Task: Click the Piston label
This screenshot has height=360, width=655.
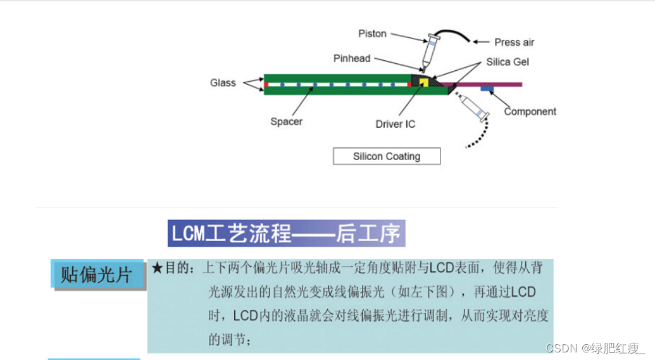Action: pyautogui.click(x=372, y=34)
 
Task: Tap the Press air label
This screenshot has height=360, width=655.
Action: pyautogui.click(x=514, y=42)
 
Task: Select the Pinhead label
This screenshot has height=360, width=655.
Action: pyautogui.click(x=352, y=58)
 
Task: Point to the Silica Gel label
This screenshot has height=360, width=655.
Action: pyautogui.click(x=508, y=62)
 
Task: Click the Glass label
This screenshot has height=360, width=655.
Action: pyautogui.click(x=223, y=83)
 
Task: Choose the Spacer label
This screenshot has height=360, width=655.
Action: pyautogui.click(x=286, y=121)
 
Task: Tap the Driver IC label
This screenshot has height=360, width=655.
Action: pyautogui.click(x=395, y=124)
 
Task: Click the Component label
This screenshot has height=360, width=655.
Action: pyautogui.click(x=530, y=112)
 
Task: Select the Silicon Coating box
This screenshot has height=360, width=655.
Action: pyautogui.click(x=386, y=156)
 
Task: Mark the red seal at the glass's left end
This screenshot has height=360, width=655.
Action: pyautogui.click(x=266, y=84)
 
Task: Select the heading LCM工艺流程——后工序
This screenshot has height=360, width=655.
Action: pyautogui.click(x=286, y=233)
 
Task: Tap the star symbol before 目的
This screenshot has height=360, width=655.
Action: pyautogui.click(x=158, y=268)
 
